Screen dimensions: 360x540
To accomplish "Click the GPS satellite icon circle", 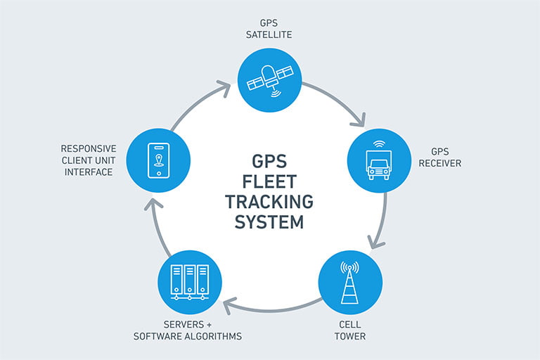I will click(x=269, y=79).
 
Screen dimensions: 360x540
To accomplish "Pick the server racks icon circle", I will click(x=189, y=283).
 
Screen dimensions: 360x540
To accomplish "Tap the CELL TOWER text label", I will click(x=349, y=330).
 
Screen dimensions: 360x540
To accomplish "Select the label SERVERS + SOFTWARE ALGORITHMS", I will click(x=188, y=330).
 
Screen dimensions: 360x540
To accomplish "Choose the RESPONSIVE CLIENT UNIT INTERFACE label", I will click(x=88, y=160).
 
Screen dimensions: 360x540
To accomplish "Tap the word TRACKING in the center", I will click(x=269, y=201).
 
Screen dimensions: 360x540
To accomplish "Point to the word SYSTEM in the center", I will click(x=269, y=222).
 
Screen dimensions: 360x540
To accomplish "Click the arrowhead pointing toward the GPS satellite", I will click(x=224, y=88).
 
